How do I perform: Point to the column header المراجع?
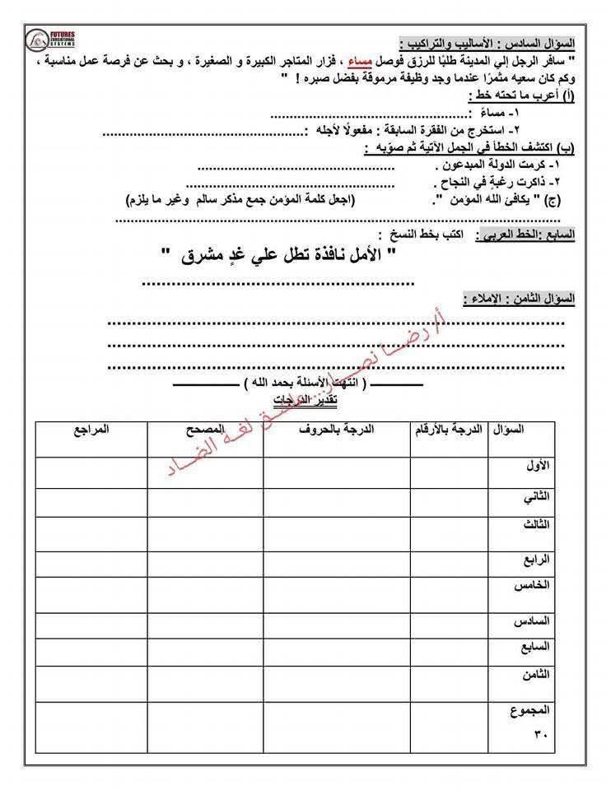point(91,430)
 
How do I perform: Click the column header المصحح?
point(206,430)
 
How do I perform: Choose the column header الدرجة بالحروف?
point(337,430)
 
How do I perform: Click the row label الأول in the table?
point(536,466)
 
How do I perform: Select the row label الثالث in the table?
point(535,525)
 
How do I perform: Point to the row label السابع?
point(534,648)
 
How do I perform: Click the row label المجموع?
point(530,709)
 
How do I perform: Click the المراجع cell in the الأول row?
point(91,472)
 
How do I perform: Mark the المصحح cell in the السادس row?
point(206,623)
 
